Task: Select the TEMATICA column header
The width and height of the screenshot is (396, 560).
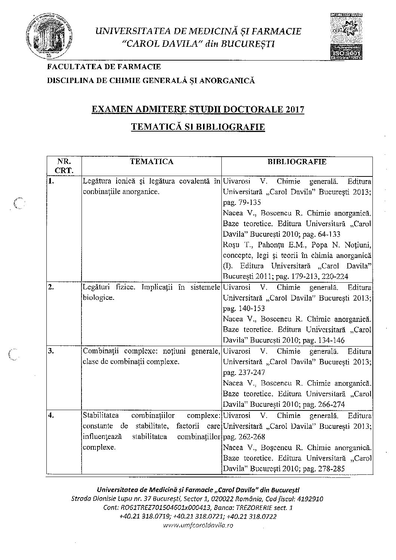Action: click(151, 161)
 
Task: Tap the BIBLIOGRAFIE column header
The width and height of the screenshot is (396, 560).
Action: click(297, 161)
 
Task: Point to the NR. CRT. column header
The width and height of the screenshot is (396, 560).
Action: click(64, 166)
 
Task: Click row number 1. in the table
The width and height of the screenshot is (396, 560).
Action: click(52, 181)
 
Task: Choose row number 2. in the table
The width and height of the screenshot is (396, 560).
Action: click(52, 287)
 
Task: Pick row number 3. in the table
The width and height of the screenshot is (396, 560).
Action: click(52, 351)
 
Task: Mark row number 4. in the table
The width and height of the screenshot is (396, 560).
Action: click(52, 415)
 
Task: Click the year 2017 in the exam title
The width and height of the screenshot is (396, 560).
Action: click(295, 110)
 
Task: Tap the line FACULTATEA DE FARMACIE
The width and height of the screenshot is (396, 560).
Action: click(104, 67)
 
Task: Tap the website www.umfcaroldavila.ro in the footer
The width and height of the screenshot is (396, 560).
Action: click(199, 525)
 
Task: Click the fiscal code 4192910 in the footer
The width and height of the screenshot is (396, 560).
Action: click(311, 499)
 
